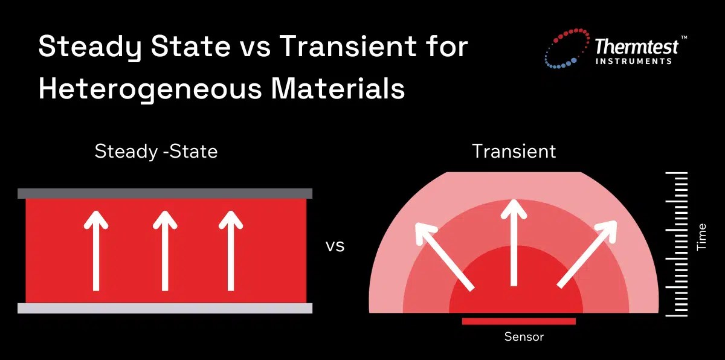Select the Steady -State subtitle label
(156, 151)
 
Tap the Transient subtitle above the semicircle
(514, 151)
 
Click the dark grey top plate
(165, 193)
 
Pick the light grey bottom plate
(165, 308)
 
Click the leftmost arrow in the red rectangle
(95, 251)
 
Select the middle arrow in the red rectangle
(165, 251)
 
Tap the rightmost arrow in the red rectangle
(230, 251)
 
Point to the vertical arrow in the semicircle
(514, 242)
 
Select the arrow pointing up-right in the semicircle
(587, 254)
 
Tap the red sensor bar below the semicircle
(518, 321)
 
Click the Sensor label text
(524, 337)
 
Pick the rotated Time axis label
(701, 237)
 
